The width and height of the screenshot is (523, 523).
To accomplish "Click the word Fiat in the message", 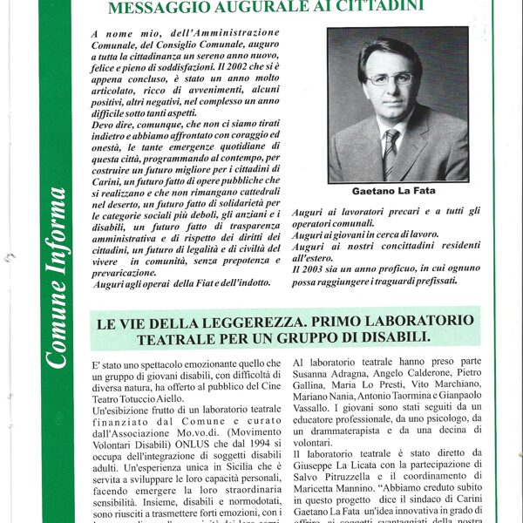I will click(x=193, y=283).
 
